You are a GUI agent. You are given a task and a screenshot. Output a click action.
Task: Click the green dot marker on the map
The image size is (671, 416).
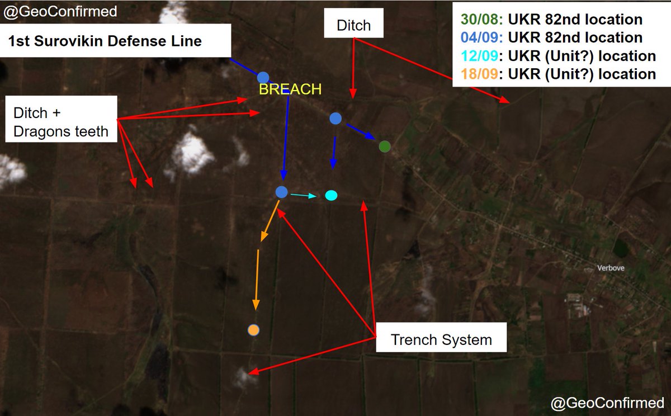pyautogui.click(x=384, y=146)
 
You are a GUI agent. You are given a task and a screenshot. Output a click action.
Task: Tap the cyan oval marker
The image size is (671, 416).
pyautogui.click(x=331, y=195)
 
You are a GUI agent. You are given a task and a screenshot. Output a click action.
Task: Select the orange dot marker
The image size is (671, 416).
pyautogui.click(x=253, y=330)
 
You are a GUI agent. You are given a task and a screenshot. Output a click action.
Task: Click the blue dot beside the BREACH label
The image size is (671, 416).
pyautogui.click(x=263, y=77)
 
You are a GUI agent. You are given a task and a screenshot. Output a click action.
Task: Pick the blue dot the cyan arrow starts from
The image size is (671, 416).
pyautogui.click(x=282, y=192)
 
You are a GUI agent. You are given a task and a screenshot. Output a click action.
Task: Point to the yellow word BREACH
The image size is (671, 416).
pyautogui.click(x=290, y=89)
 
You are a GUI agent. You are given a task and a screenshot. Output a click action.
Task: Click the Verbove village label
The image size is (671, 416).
pyautogui.click(x=611, y=268)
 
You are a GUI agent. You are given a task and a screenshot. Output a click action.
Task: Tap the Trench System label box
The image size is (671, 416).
pyautogui.click(x=441, y=339)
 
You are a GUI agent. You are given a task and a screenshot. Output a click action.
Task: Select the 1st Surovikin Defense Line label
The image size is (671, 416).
pyautogui.click(x=105, y=41)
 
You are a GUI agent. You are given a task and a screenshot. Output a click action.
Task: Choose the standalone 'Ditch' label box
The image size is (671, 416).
pyautogui.click(x=353, y=26)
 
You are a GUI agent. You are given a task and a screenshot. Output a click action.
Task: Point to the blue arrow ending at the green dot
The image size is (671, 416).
pyautogui.click(x=361, y=133)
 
